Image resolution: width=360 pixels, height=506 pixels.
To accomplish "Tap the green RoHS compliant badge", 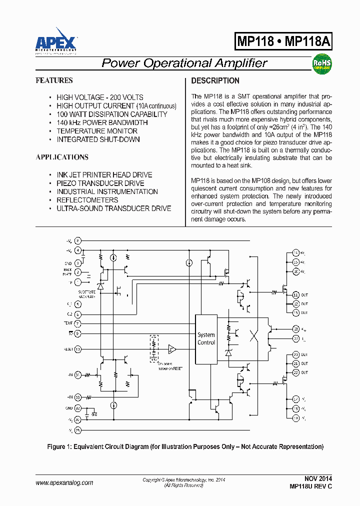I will coord(321,64).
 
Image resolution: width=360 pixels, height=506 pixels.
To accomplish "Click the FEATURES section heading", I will coord(54,80).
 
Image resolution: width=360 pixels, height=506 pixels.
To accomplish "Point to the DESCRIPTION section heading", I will coord(215,80).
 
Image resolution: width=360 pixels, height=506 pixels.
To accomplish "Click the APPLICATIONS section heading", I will coord(62,157).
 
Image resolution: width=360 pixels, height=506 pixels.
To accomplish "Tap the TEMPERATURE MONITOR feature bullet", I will coord(97,131).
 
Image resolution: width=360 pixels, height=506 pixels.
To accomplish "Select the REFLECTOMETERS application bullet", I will coord(87,200).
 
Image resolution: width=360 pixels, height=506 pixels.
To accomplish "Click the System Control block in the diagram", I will coord(206,339).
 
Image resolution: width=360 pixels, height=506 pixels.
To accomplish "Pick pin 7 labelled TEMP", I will coord(78,323).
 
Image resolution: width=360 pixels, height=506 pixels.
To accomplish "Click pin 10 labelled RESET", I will coord(78,349).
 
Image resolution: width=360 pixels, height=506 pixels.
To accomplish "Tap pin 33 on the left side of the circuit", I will coord(78,397).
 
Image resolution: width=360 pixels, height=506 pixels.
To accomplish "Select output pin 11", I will coord(295,294).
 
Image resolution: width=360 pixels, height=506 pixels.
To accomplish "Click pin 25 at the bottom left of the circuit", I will coord(78,429).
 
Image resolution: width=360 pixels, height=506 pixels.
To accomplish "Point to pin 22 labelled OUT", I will coord(295,372).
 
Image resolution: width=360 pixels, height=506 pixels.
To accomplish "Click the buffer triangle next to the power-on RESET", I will coord(172,348).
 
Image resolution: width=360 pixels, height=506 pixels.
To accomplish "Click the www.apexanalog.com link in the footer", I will coord(64,482).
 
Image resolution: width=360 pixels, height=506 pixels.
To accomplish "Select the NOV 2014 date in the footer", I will coord(317,478).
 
